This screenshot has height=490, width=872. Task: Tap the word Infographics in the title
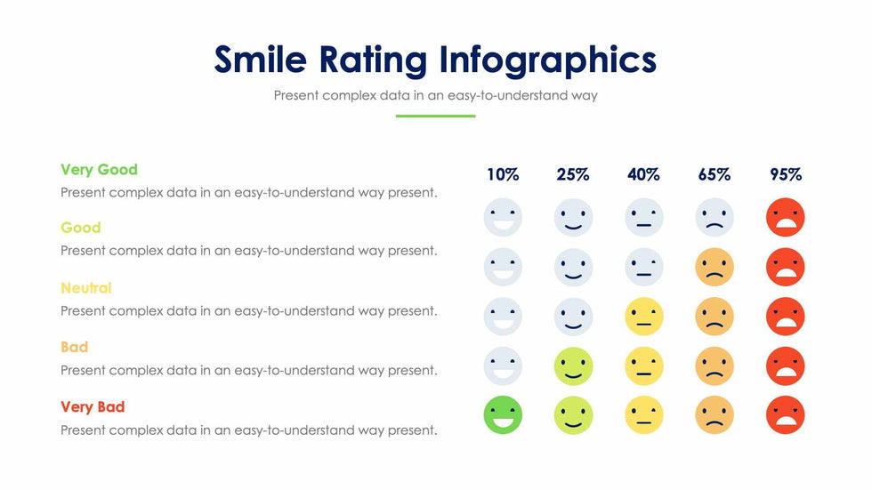coord(547,60)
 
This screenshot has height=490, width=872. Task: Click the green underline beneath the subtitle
coord(435,116)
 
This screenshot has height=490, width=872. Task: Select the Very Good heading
coord(99,169)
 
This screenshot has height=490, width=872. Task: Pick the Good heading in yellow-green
coord(81,228)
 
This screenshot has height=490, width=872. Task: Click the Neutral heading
coord(85,287)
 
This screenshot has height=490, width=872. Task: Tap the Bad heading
coord(74,347)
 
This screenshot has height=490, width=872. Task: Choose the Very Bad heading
coord(93,406)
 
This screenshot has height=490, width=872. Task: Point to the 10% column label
coord(503,175)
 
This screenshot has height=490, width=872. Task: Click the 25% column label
coord(573,175)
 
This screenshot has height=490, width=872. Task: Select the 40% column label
coord(643,175)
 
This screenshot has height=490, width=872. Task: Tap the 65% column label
coord(714,175)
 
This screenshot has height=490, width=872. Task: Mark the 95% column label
coord(786,175)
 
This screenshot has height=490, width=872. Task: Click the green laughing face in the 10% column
coord(503,414)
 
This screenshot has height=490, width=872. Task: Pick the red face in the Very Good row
coord(785,217)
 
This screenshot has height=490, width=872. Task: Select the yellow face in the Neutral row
coord(643,316)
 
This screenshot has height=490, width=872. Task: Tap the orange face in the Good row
coord(715,267)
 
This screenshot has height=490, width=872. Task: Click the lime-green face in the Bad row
coord(573,365)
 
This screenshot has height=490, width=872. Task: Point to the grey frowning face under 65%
coord(715,217)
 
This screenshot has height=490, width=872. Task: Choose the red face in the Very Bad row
coord(785,414)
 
